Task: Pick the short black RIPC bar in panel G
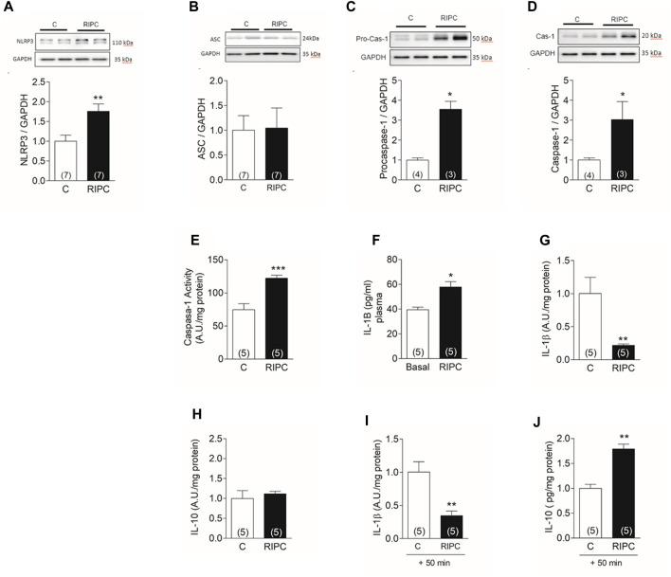click(x=595, y=352)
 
